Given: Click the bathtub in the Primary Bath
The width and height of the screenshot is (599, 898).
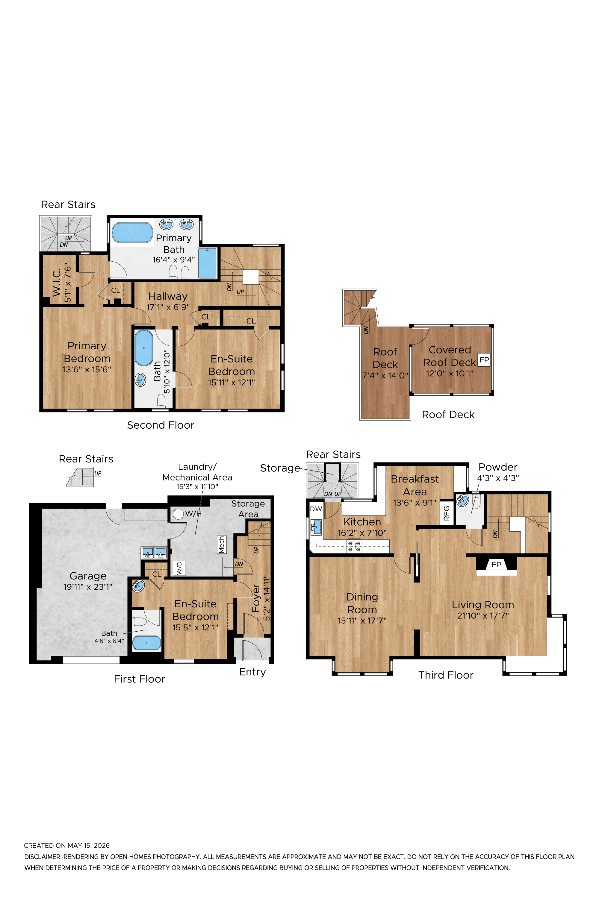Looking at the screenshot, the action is coord(132,233).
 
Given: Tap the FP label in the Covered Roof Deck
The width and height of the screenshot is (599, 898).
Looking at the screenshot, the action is coord(484,360).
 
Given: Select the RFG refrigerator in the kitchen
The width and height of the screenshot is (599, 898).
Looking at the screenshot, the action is coord(447,513).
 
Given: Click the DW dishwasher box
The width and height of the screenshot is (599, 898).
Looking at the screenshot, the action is coord(316,509).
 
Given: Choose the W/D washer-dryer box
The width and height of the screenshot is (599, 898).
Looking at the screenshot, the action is coord(179,568).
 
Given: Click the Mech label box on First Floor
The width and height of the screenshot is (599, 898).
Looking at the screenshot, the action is coord(222,544).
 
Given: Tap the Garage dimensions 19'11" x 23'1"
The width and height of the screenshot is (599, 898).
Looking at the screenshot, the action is coord(88,587).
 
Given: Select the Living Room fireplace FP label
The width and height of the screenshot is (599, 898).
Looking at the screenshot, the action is coord(496,564).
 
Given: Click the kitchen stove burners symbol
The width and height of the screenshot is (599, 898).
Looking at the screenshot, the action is coord(354,546).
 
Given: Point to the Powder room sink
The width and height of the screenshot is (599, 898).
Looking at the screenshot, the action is coord(463,500).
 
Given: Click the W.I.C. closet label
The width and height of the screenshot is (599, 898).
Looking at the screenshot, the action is coord(57,282).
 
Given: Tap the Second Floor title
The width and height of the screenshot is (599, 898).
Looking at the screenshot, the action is coord(161,425).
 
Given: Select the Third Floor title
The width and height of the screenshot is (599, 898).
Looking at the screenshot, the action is coord(446,675).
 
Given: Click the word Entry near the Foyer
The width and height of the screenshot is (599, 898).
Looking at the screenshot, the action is coord(252,672).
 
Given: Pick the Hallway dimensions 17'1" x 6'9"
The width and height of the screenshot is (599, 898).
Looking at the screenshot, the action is coord(168,307).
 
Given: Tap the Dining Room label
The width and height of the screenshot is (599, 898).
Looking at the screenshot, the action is coord(362,603).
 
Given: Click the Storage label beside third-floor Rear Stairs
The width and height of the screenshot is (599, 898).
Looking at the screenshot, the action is coord(280,468).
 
